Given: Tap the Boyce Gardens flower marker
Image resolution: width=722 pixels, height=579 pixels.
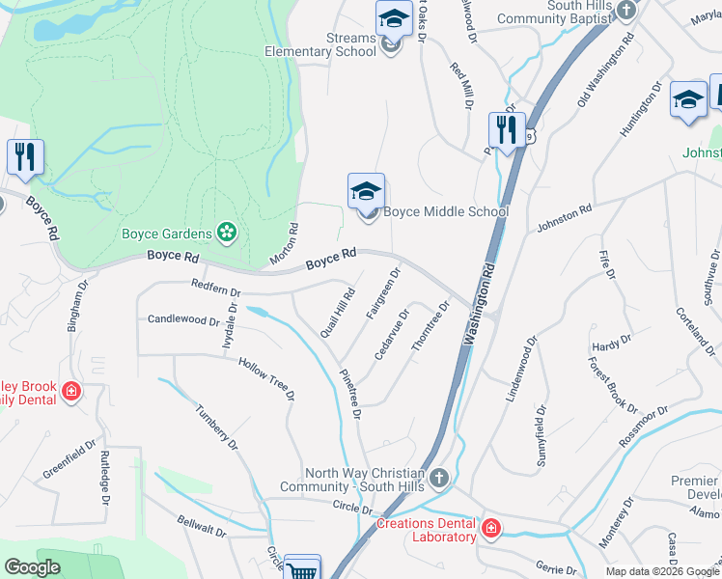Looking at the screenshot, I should [x=226, y=233].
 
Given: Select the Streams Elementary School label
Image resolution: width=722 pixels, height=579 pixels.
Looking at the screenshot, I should [x=320, y=44].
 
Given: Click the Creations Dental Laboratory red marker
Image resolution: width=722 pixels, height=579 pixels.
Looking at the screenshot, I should [x=490, y=529].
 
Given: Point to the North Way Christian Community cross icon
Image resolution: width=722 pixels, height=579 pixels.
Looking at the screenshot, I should [x=439, y=478].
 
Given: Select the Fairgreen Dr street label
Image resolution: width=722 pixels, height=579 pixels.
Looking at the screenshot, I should [x=383, y=294].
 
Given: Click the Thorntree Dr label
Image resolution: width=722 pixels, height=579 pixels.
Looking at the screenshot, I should [x=431, y=329].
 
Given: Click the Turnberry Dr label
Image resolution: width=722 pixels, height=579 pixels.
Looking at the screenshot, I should [x=216, y=425].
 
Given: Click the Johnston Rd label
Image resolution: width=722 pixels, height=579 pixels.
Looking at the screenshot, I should [x=564, y=219].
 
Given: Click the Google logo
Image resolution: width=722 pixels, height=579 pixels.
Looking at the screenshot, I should [x=33, y=567].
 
